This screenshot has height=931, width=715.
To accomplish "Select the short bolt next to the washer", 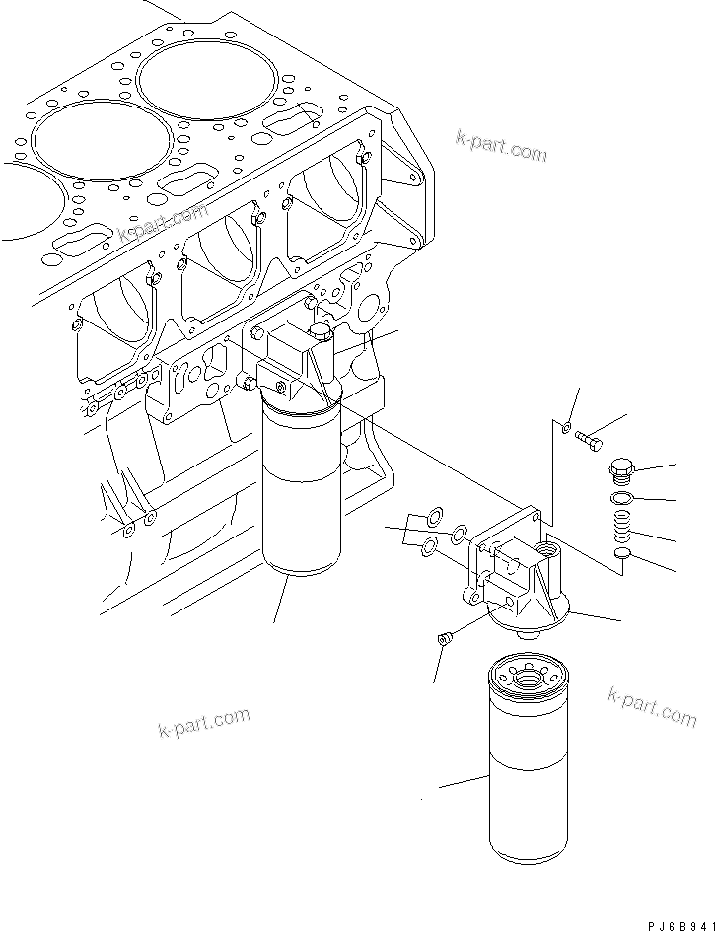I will [590, 438].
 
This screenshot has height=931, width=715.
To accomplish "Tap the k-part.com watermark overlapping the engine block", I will [163, 225].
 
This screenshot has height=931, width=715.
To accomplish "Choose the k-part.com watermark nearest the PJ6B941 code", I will [653, 707].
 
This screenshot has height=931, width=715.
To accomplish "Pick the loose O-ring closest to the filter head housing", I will [459, 536].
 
